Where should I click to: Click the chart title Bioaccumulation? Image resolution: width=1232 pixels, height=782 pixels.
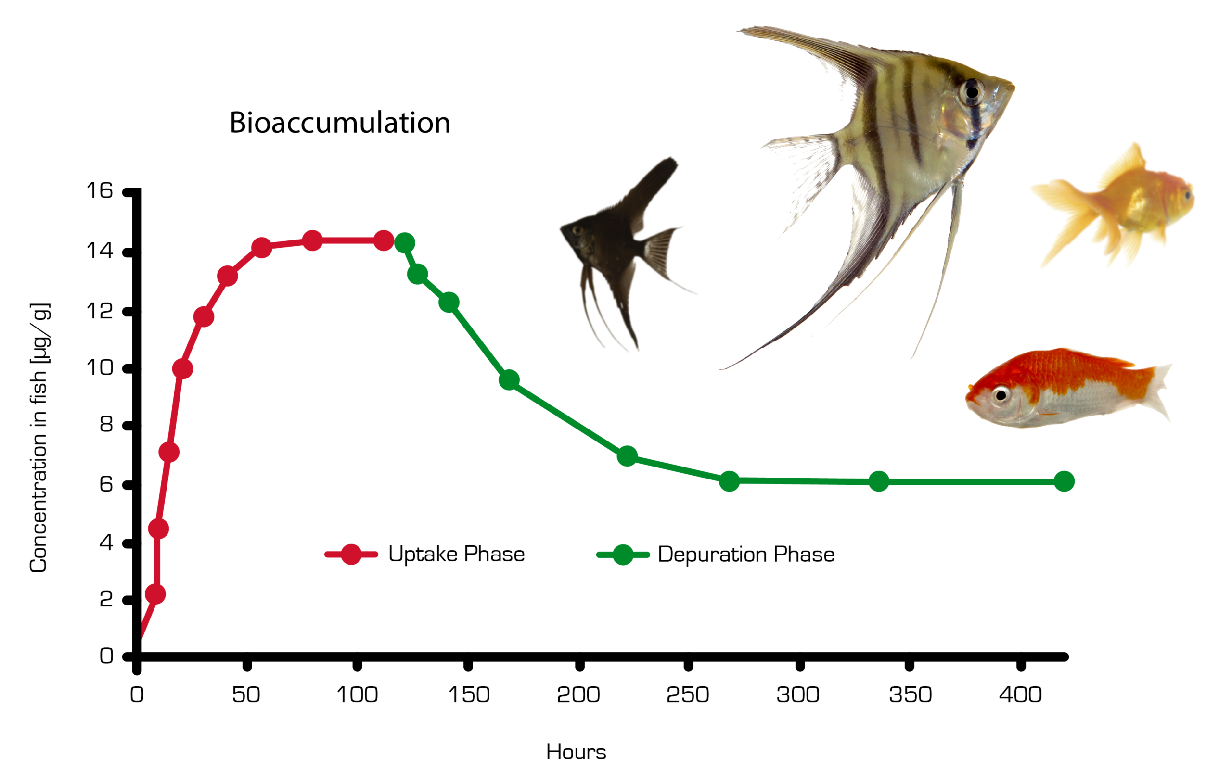(x=340, y=123)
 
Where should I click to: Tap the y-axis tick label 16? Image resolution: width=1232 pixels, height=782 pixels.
(x=99, y=191)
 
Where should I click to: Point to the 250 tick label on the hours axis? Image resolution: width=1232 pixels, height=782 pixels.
(x=687, y=695)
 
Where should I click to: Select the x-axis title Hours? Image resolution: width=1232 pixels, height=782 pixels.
(x=576, y=752)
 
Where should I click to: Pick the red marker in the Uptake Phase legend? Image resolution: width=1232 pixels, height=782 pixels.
(x=351, y=555)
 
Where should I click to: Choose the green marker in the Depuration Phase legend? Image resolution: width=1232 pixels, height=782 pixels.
(x=623, y=555)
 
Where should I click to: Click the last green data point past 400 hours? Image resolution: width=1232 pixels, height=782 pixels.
(x=1064, y=481)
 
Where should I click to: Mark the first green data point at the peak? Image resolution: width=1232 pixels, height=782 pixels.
(x=405, y=243)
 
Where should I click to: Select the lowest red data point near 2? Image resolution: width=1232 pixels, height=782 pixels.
(x=155, y=594)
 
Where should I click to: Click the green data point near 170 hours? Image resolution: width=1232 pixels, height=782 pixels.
(x=509, y=380)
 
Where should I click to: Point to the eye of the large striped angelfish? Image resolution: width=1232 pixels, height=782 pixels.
(x=972, y=92)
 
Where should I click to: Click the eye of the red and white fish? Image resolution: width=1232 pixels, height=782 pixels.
(x=1001, y=395)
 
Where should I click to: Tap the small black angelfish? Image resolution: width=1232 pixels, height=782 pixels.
(x=619, y=245)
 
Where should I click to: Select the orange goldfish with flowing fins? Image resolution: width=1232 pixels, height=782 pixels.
(x=1120, y=204)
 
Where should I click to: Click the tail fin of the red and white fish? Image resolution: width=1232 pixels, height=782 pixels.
(x=1157, y=391)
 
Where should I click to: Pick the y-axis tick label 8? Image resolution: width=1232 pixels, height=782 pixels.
(x=106, y=425)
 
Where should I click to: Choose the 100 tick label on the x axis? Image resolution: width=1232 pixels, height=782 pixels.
(x=357, y=695)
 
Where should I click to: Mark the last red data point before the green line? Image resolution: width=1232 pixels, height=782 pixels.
(x=384, y=240)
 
